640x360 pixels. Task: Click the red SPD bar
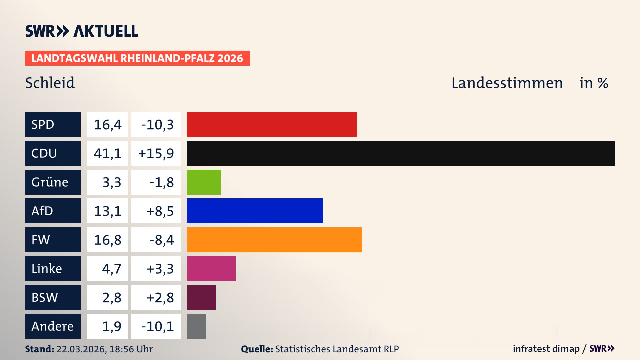point(272,124)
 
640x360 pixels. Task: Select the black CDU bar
point(401,153)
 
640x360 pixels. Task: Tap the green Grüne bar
point(204,182)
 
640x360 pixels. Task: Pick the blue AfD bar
point(255,211)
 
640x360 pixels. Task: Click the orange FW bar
point(274,240)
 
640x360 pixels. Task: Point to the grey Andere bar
point(196,326)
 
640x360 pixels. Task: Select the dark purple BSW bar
point(201,297)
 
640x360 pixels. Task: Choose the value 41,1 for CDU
point(107,153)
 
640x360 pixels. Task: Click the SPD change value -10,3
point(157,125)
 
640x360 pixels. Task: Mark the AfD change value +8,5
point(160,211)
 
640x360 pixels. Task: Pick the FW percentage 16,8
point(107,240)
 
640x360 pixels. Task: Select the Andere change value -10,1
point(157,326)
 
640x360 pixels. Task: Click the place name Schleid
point(50,83)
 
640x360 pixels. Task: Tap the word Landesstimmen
point(507,83)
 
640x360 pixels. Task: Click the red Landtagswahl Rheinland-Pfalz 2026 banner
point(137,58)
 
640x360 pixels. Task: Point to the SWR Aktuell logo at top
point(81,31)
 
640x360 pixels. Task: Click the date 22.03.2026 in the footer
point(81,349)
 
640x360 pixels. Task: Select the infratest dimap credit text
point(546,349)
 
